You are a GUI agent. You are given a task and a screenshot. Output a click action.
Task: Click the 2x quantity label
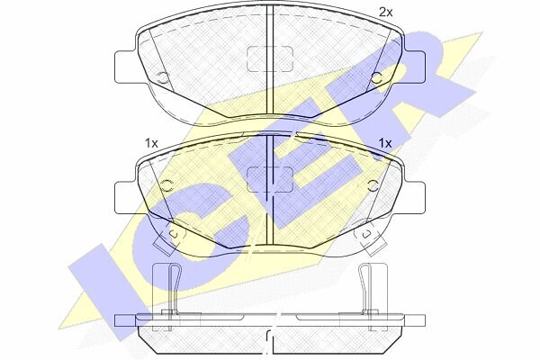click(385, 13)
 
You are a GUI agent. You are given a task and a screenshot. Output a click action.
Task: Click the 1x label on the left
click(151, 143)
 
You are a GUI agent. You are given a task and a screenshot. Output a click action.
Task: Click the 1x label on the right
click(385, 143)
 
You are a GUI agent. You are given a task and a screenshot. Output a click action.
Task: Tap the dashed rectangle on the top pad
click(270, 58)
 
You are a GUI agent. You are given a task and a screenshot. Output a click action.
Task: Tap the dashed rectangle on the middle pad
click(270, 179)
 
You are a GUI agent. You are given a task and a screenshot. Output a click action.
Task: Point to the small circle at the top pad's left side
click(163, 78)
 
